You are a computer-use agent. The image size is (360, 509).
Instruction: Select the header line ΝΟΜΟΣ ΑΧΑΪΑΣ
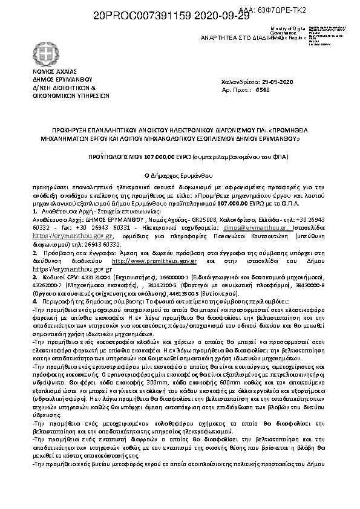pos(51,71)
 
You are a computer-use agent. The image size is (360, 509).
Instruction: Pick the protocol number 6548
pos(263,89)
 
